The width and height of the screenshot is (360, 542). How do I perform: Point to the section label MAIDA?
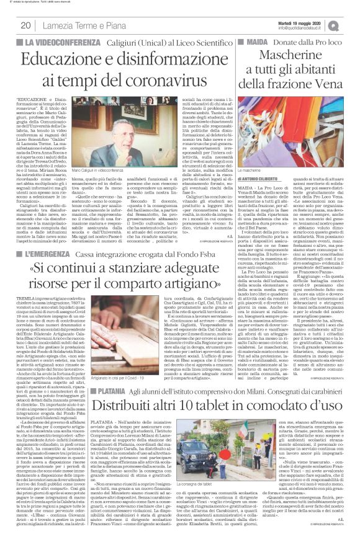256,43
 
